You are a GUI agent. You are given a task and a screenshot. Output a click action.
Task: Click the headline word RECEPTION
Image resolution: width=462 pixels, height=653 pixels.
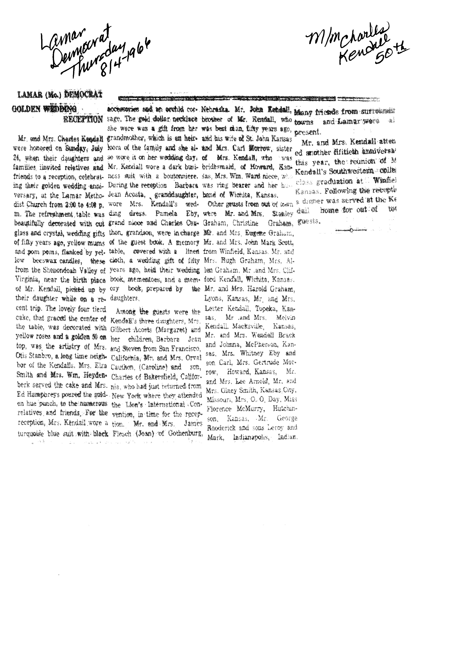click(83, 120)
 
